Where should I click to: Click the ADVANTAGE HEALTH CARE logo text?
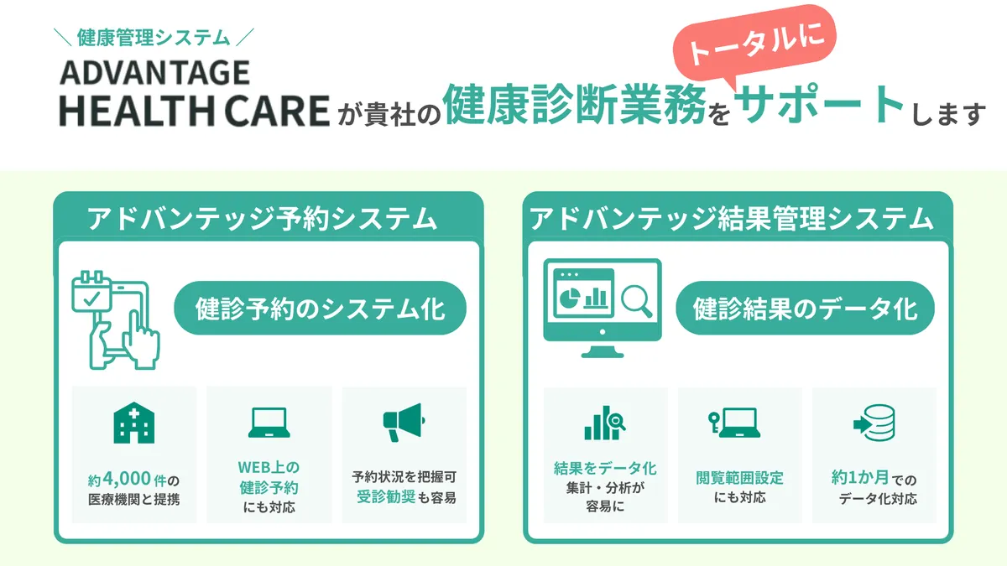pyautogui.click(x=194, y=94)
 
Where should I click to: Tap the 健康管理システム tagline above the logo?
pyautogui.click(x=153, y=37)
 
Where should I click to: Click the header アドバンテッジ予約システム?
pyautogui.click(x=263, y=219)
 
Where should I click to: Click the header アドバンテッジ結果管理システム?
pyautogui.click(x=732, y=219)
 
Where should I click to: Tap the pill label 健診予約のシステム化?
pyautogui.click(x=321, y=310)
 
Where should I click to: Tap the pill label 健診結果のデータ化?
pyautogui.click(x=805, y=310)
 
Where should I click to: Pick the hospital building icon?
pyautogui.click(x=133, y=424)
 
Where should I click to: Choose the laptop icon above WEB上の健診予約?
pyautogui.click(x=269, y=423)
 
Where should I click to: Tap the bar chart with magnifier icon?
pyautogui.click(x=605, y=423)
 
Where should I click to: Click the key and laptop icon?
pyautogui.click(x=738, y=423)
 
